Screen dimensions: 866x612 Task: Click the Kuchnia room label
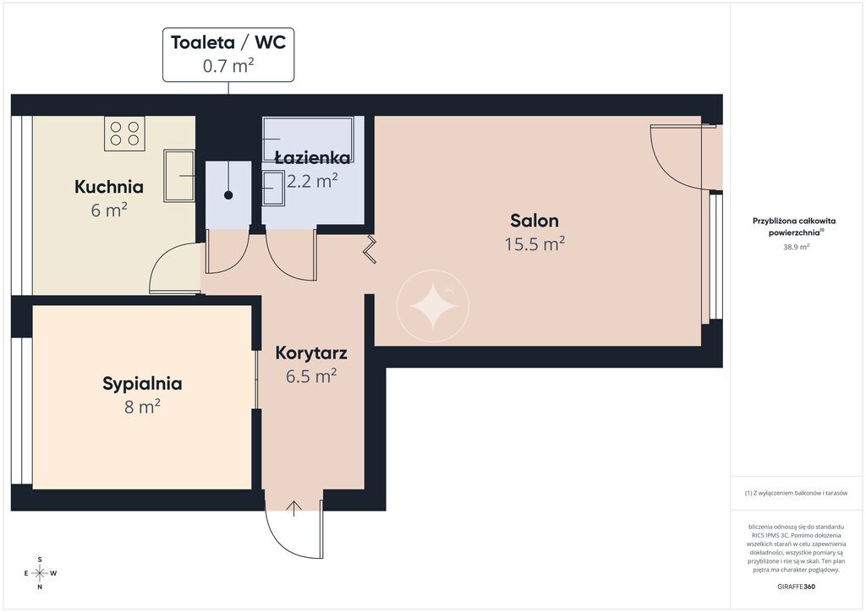tap(109, 187)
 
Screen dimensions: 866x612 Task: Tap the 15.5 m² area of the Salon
tap(534, 244)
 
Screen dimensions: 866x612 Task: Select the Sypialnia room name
tap(142, 384)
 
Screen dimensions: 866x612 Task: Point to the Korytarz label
tap(311, 353)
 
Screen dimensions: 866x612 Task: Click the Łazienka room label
tap(313, 158)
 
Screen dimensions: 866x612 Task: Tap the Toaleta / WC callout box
tap(228, 54)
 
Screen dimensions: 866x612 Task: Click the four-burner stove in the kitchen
tap(125, 133)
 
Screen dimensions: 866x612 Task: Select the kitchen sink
tap(179, 176)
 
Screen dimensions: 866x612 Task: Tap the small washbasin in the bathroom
tap(273, 189)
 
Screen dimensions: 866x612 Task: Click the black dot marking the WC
tap(228, 195)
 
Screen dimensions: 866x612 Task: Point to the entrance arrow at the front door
tap(293, 508)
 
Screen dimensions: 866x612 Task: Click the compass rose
tap(40, 573)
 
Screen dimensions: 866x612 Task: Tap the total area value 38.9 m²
tap(796, 247)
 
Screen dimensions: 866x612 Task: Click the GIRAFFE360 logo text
tap(796, 587)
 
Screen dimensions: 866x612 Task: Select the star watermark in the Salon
tap(433, 306)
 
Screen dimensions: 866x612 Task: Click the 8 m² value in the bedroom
tap(142, 407)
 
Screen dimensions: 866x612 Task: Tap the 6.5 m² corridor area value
tap(311, 376)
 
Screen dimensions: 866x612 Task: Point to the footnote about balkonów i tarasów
tap(796, 493)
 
